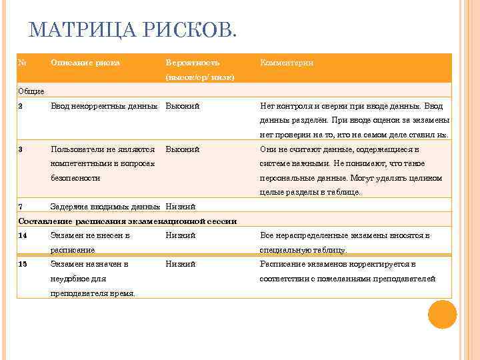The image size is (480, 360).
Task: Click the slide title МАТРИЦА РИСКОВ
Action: [133, 30]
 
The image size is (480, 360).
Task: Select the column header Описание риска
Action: [85, 63]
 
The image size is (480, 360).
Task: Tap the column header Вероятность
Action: [192, 63]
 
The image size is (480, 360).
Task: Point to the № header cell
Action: [22, 63]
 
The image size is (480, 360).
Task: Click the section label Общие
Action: [31, 91]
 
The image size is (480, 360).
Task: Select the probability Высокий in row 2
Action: [183, 105]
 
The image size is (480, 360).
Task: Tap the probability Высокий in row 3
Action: [183, 149]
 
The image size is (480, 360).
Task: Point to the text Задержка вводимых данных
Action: [105, 206]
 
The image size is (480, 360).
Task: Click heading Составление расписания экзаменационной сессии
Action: [127, 221]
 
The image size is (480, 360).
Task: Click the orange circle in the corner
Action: [442, 314]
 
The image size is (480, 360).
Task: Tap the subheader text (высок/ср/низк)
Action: [199, 77]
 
